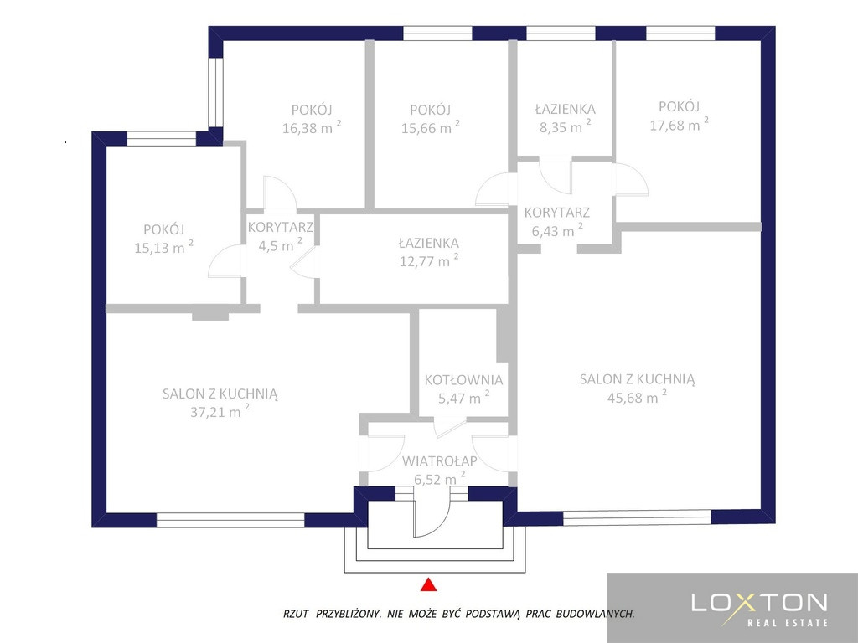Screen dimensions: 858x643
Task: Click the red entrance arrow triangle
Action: (x=429, y=584)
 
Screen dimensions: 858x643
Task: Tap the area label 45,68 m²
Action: (x=637, y=396)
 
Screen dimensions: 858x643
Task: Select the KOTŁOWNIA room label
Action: (x=463, y=379)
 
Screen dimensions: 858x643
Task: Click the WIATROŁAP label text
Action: (x=439, y=461)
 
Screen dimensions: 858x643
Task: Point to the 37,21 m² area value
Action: (x=220, y=410)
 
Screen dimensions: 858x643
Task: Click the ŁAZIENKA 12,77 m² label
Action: (x=429, y=251)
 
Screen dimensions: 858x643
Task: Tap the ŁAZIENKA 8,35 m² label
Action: (x=565, y=117)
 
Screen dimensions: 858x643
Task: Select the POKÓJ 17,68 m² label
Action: (x=679, y=116)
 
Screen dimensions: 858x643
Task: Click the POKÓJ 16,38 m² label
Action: (x=312, y=119)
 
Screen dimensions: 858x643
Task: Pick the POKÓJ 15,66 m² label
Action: (x=430, y=119)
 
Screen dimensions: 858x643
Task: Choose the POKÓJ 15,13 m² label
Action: (x=163, y=239)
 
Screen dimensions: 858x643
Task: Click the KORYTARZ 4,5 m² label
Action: (x=280, y=236)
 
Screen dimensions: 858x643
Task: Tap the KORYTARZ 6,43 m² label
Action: (x=557, y=221)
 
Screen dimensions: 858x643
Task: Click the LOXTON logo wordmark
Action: (x=759, y=602)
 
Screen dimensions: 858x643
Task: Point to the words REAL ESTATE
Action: (x=788, y=622)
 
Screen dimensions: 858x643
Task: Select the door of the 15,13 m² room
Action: (x=225, y=261)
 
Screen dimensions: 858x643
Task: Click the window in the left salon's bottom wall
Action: (x=230, y=520)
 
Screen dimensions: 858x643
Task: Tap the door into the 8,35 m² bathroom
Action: (x=555, y=176)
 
